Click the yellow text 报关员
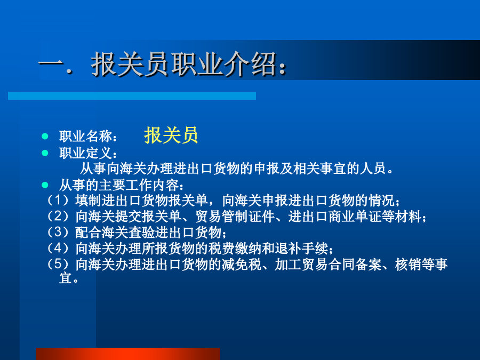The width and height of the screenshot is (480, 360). [x=171, y=135]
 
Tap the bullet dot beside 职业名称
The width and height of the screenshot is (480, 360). [x=45, y=136]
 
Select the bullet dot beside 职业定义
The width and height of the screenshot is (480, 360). [x=45, y=153]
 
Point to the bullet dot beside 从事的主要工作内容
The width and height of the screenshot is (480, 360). [x=45, y=185]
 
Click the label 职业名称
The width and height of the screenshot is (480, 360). [x=86, y=137]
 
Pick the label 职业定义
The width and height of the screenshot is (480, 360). [x=86, y=153]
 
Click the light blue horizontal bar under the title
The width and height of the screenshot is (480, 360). [x=132, y=95]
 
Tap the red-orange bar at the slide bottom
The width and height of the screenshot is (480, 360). [x=127, y=354]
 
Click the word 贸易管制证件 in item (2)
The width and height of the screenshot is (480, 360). [x=235, y=217]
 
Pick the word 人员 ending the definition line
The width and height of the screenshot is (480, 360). [x=373, y=169]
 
